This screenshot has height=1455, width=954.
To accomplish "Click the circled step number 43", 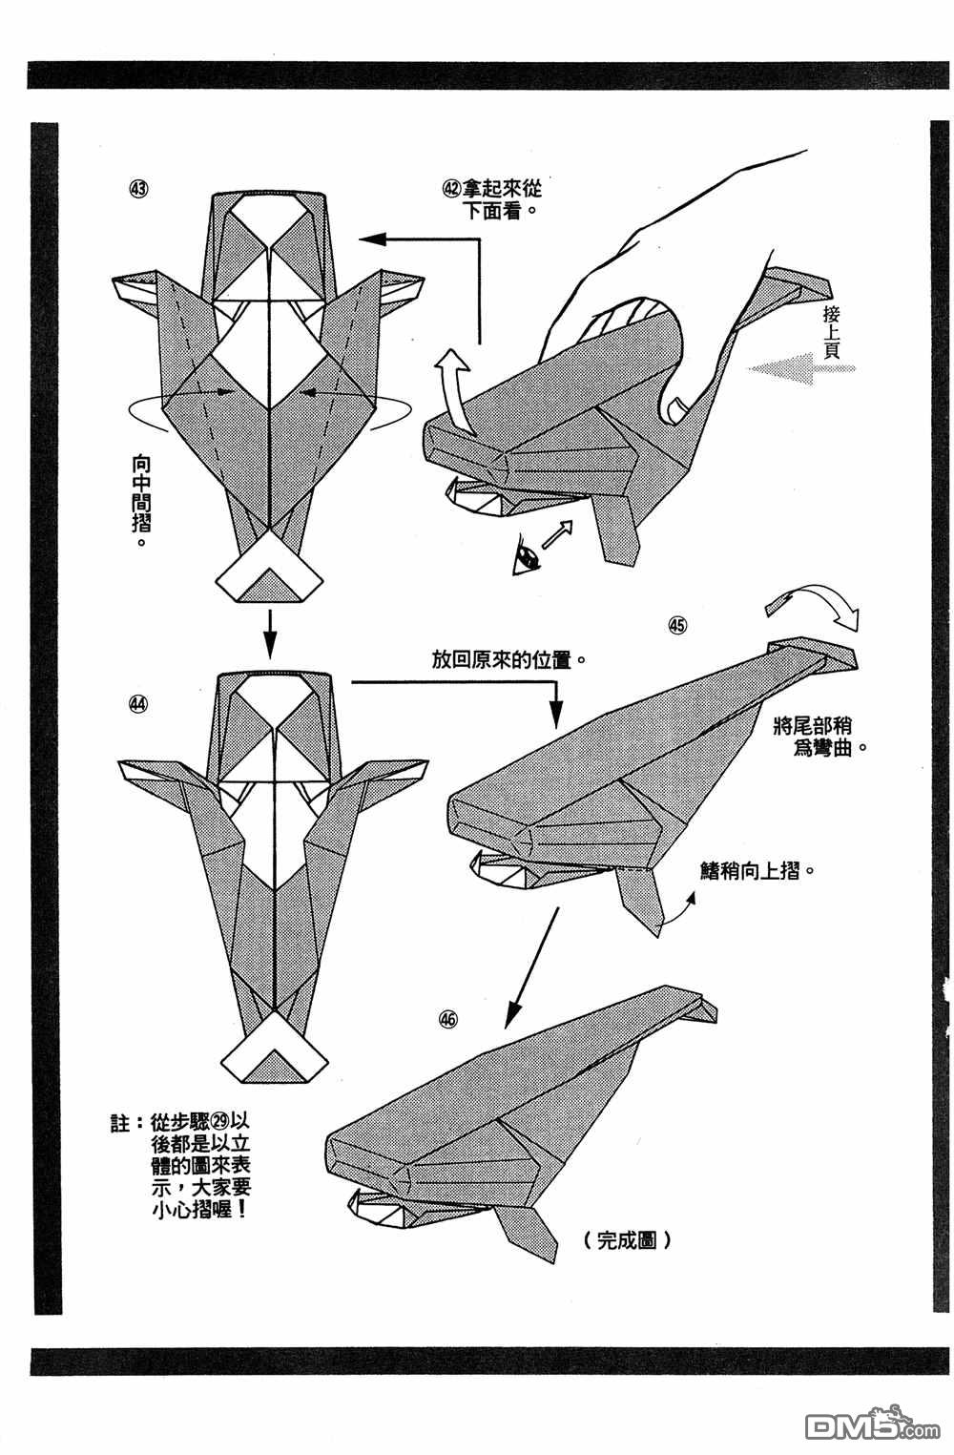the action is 138,188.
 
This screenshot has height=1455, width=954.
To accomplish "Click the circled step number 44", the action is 138,704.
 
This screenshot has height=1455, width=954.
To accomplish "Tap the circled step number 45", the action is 677,626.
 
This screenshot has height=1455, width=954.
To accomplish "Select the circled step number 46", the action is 448,1019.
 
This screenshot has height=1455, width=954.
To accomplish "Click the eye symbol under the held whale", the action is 526,556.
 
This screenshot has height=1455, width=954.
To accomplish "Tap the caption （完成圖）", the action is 625,1240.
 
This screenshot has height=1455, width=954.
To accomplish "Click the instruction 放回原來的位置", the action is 507,660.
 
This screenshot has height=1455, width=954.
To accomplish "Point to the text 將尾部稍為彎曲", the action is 820,737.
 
